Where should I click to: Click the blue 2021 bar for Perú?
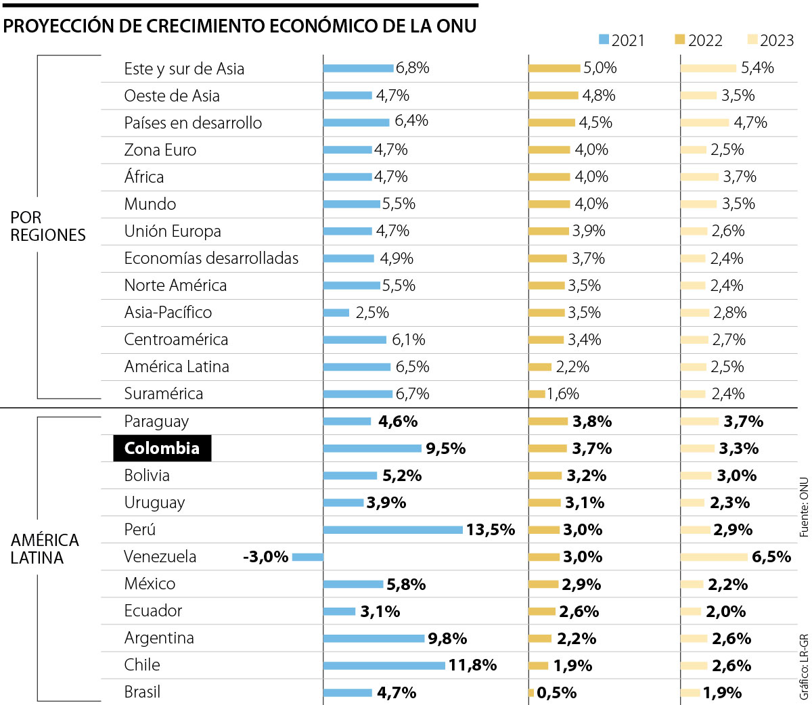[x=393, y=530]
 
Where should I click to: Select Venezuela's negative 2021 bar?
[x=308, y=557]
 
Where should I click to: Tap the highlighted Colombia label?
[x=162, y=449]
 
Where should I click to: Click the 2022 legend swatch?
[x=680, y=40]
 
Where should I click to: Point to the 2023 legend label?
[x=777, y=41]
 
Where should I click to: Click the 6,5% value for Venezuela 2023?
[x=771, y=557]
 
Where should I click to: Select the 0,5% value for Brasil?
[x=556, y=693]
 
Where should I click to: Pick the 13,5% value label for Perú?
[x=491, y=530]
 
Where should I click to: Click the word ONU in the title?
[x=456, y=26]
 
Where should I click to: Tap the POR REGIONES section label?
[x=47, y=226]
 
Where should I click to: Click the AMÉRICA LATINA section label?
[x=45, y=549]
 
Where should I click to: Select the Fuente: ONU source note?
[x=804, y=507]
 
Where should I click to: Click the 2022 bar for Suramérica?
[x=537, y=394]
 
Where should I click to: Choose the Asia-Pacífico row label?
[x=168, y=313]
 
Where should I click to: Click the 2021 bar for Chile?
[x=384, y=666]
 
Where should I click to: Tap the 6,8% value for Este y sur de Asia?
[x=412, y=68]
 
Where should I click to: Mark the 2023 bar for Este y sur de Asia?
[x=708, y=68]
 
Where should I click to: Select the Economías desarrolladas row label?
[x=211, y=258]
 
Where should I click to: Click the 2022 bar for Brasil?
[x=531, y=693]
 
